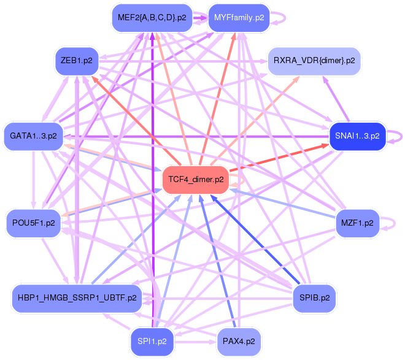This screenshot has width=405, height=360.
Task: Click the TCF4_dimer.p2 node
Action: [195, 180]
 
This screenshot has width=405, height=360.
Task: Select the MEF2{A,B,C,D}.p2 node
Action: [152, 17]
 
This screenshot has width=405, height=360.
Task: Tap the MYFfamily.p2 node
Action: [239, 17]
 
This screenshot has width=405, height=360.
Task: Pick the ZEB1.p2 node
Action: [76, 61]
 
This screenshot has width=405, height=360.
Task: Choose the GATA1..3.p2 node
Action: [33, 136]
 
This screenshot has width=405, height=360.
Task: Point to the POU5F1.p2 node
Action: [33, 223]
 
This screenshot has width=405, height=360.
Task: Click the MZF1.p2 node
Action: [357, 223]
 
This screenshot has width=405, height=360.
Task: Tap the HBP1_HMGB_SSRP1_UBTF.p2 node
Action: [77, 298]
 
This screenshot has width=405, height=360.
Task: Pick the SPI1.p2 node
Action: [152, 340]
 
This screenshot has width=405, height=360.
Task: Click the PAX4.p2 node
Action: [239, 340]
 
